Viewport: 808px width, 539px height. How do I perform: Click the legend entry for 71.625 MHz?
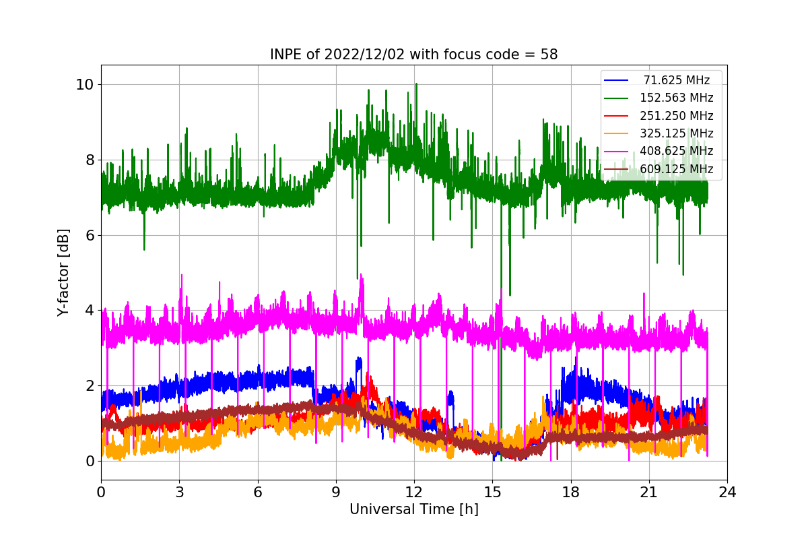(x=676, y=80)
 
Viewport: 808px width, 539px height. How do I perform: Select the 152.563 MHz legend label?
(x=676, y=98)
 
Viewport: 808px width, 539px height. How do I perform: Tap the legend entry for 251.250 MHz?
(x=676, y=116)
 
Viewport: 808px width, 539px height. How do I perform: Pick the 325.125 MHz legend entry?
(x=676, y=133)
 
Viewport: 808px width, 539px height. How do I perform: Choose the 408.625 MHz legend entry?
(x=676, y=151)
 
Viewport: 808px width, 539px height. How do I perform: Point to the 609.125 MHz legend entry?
(x=676, y=168)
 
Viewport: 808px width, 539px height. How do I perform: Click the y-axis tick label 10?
(x=84, y=85)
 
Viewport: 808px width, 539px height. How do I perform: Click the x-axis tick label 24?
(x=727, y=492)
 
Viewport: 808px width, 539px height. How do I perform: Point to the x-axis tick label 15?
(x=492, y=492)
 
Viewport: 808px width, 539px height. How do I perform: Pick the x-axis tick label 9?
(x=336, y=492)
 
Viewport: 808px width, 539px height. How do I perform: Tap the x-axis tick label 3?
(x=179, y=492)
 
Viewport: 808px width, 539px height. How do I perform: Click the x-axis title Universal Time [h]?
(x=413, y=510)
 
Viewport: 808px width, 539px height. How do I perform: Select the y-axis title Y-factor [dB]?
(x=63, y=272)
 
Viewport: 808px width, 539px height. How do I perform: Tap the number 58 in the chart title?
(x=549, y=55)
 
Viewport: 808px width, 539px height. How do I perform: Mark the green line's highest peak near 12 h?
(x=416, y=84)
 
